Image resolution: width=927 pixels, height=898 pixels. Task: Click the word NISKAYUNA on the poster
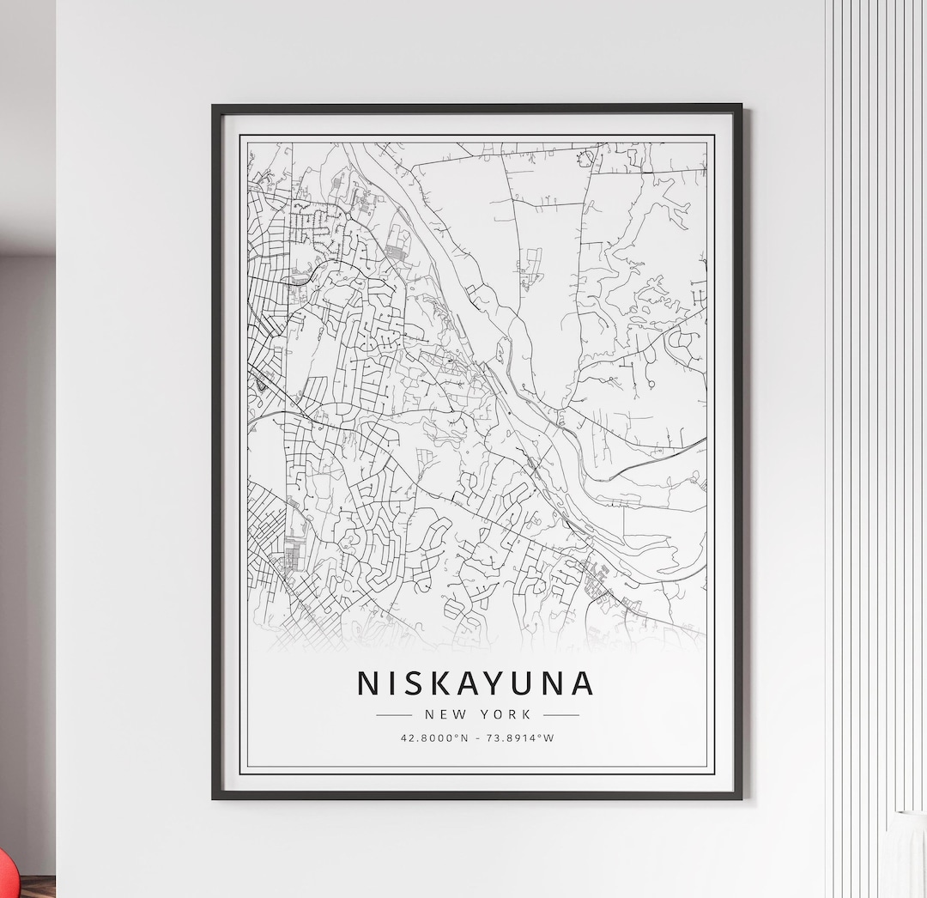point(476,683)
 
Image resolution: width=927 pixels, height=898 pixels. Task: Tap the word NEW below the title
point(442,714)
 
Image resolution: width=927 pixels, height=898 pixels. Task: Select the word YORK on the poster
point(506,714)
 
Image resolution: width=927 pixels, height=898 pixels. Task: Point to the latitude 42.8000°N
point(434,737)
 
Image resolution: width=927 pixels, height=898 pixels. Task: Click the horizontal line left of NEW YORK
point(394,714)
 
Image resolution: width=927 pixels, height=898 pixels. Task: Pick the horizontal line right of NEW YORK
point(561,714)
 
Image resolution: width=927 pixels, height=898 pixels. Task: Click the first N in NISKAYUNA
point(367,683)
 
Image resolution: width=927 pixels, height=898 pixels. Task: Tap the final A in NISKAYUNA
point(581,683)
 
